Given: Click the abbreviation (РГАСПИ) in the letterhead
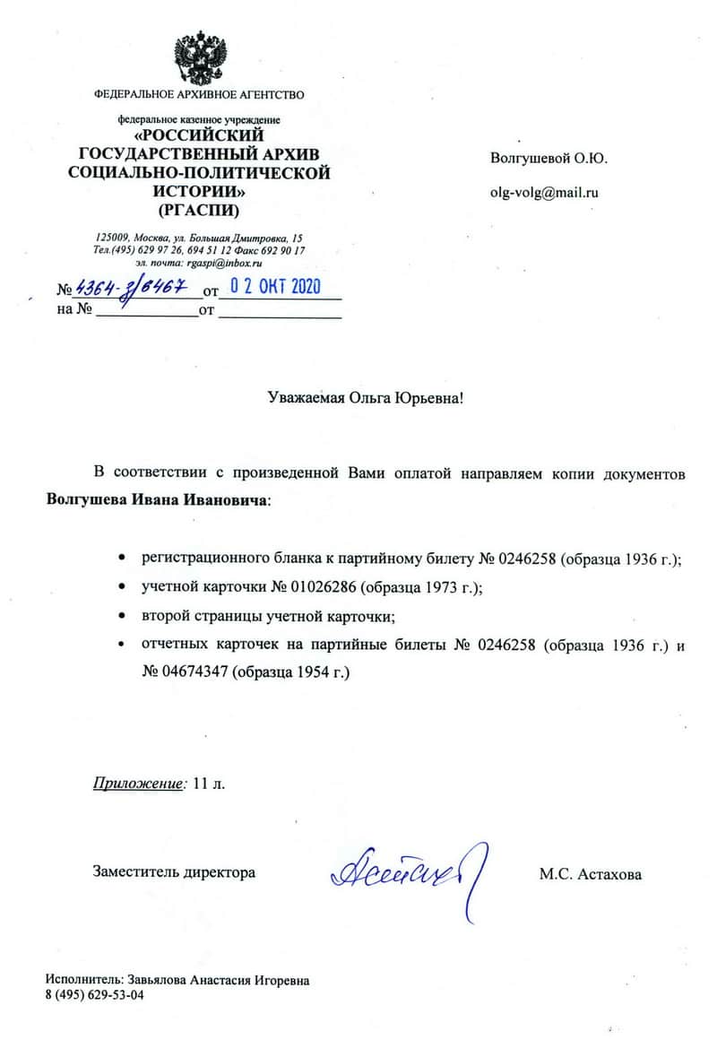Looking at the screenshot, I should click(199, 212).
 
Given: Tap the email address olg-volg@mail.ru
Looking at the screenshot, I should click(544, 192).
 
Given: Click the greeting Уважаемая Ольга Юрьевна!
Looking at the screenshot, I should click(367, 398).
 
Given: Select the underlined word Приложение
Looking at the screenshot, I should click(138, 784).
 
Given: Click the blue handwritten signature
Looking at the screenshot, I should click(408, 869).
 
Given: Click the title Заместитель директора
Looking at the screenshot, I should click(174, 872).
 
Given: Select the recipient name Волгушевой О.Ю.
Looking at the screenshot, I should click(549, 159).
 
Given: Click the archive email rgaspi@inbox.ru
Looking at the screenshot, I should click(224, 264).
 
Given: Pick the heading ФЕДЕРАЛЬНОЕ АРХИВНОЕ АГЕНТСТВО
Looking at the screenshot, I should click(199, 94).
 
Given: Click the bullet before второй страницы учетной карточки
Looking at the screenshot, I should click(121, 616).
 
